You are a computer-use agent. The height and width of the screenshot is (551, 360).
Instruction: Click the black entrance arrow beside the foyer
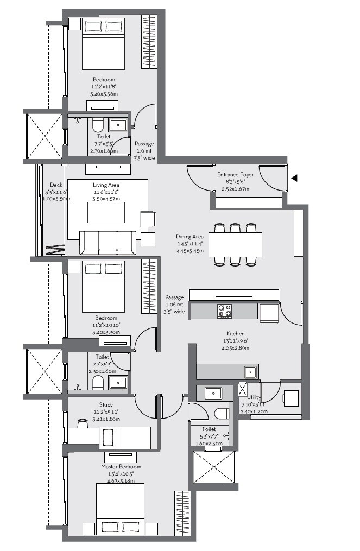click(x=294, y=178)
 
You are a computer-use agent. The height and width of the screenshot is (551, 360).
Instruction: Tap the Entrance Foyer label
click(x=235, y=175)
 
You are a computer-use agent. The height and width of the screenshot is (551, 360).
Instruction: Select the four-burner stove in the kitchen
click(x=225, y=311)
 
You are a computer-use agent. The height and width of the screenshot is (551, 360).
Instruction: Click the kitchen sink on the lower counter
click(x=250, y=372)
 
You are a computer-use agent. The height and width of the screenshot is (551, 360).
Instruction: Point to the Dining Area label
click(x=190, y=237)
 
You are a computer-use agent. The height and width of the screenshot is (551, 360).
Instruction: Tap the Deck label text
click(x=56, y=185)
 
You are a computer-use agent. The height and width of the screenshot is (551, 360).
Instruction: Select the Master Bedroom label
click(x=121, y=467)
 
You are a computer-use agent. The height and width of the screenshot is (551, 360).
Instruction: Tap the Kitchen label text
click(x=236, y=333)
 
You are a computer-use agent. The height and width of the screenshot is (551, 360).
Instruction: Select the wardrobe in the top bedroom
click(x=149, y=42)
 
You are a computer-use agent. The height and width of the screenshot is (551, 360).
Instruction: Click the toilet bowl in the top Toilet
click(x=98, y=126)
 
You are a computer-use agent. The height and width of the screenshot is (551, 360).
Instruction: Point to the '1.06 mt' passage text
click(x=175, y=305)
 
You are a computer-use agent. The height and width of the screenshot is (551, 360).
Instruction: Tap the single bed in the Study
click(x=126, y=438)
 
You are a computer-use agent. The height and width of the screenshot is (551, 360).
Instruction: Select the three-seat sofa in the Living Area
click(x=108, y=242)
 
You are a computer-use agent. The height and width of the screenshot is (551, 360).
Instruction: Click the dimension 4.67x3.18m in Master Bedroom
click(x=121, y=481)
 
